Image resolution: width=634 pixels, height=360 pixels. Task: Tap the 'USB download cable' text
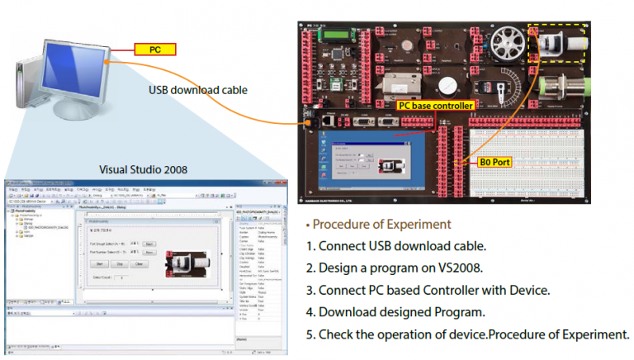[x=197, y=90]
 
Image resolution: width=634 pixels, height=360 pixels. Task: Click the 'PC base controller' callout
[x=435, y=106]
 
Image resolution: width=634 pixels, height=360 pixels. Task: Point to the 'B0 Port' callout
[x=497, y=163]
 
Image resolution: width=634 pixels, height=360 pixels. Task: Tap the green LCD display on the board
[x=339, y=35]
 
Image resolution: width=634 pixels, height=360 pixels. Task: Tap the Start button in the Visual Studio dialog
[x=99, y=264]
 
